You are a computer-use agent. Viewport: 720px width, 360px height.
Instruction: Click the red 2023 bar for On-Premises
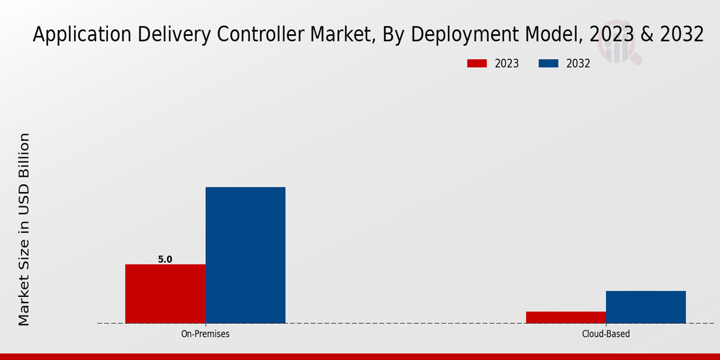(x=165, y=293)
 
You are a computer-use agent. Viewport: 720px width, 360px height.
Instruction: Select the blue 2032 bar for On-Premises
(x=245, y=255)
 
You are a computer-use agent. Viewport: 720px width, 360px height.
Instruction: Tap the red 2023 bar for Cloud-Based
(x=566, y=317)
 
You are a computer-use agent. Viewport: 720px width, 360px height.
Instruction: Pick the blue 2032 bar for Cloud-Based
(x=646, y=307)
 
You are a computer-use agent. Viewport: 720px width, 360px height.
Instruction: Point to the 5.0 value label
(x=165, y=260)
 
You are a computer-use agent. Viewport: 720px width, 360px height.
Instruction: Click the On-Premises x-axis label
(x=205, y=334)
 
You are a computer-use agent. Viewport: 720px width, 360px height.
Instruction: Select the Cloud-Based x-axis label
(x=606, y=334)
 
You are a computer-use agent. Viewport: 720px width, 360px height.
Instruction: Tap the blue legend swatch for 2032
(x=549, y=64)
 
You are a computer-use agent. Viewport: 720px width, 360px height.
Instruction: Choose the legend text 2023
(x=506, y=64)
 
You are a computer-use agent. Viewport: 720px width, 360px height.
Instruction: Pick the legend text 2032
(x=578, y=64)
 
